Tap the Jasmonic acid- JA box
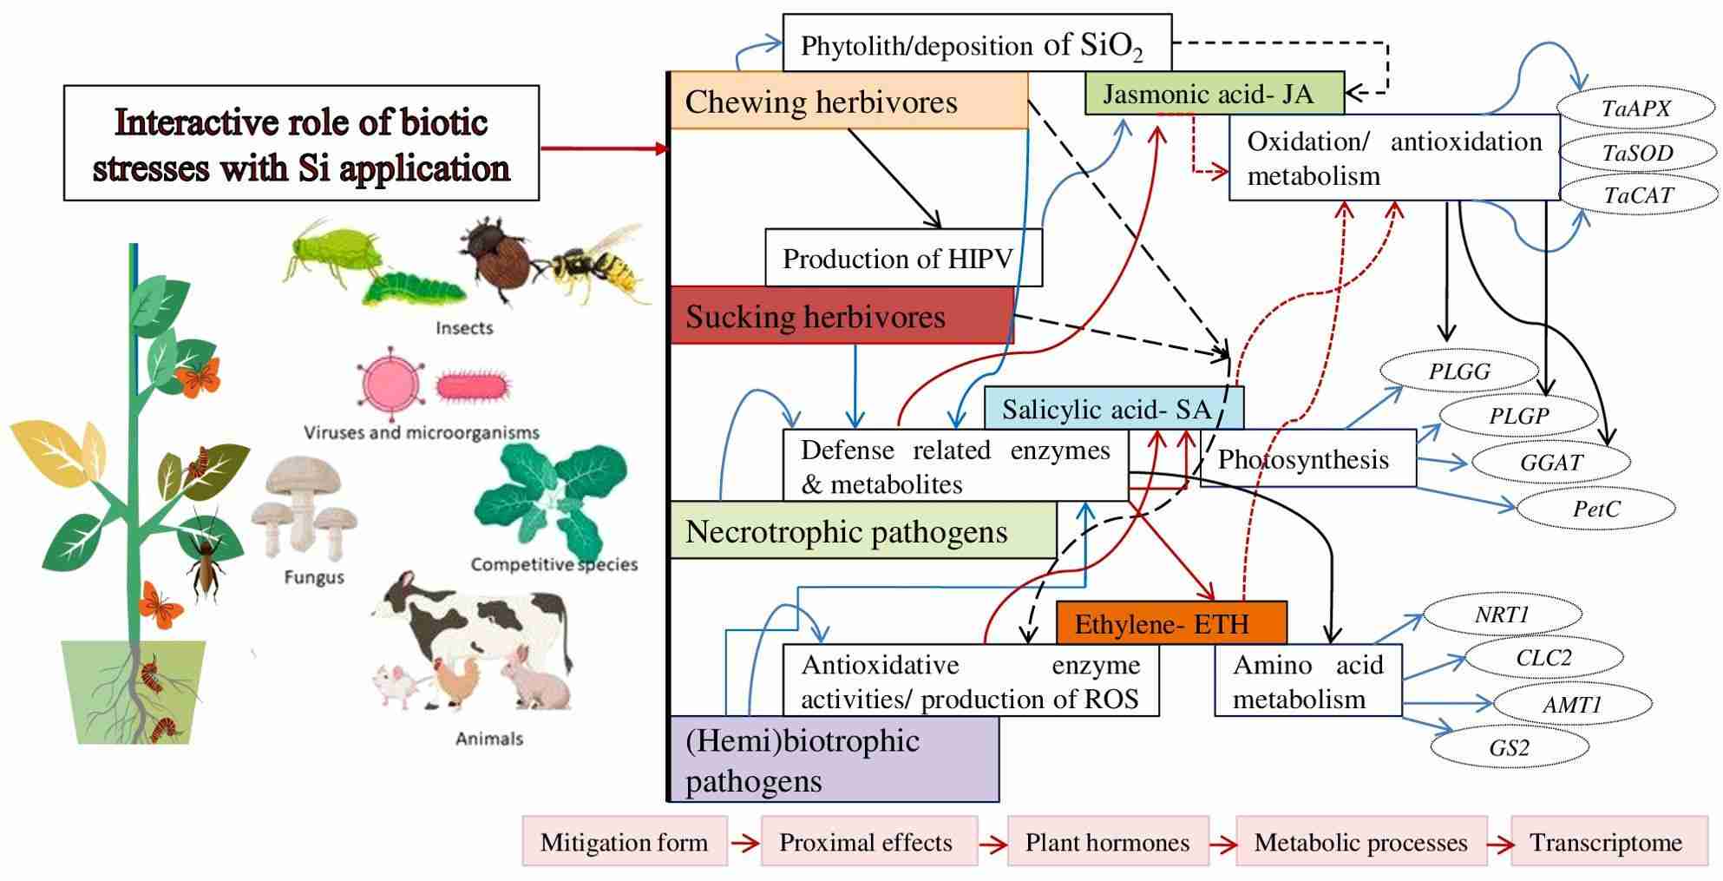pyautogui.click(x=1213, y=93)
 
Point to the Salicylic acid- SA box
pyautogui.click(x=1112, y=408)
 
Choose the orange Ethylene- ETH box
pyautogui.click(x=1170, y=623)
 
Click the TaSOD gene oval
pyautogui.click(x=1637, y=153)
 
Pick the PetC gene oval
pyautogui.click(x=1596, y=509)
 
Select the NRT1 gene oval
pyautogui.click(x=1502, y=615)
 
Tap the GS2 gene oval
pyautogui.click(x=1509, y=747)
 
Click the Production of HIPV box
pyautogui.click(x=902, y=258)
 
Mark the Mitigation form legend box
pyautogui.click(x=624, y=841)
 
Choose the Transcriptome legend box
pyautogui.click(x=1608, y=841)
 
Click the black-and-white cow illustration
pyautogui.click(x=473, y=621)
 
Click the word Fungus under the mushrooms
pyautogui.click(x=314, y=577)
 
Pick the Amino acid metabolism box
pyautogui.click(x=1307, y=680)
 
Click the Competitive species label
pyautogui.click(x=554, y=564)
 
